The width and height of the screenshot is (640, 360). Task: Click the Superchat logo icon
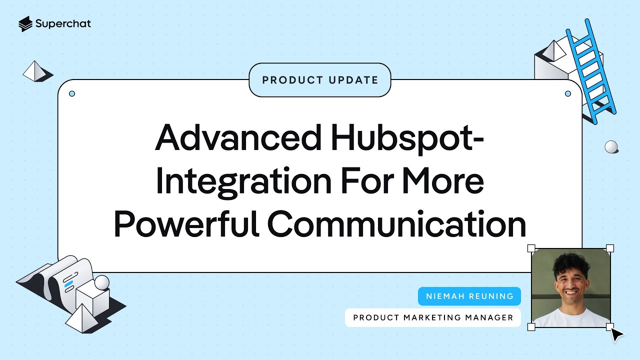(25, 23)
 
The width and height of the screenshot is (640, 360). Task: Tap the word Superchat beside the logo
(63, 23)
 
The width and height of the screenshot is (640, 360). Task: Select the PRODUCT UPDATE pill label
(320, 80)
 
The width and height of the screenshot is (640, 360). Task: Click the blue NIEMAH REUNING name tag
(469, 296)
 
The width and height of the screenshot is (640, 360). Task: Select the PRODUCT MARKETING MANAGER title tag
(433, 317)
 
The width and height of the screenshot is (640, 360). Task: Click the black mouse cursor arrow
(617, 334)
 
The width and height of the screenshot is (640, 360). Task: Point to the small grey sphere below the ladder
(611, 146)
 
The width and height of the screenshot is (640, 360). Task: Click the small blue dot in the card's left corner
(72, 93)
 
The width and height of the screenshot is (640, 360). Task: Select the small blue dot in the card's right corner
(567, 93)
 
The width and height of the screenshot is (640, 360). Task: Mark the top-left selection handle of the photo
(531, 248)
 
